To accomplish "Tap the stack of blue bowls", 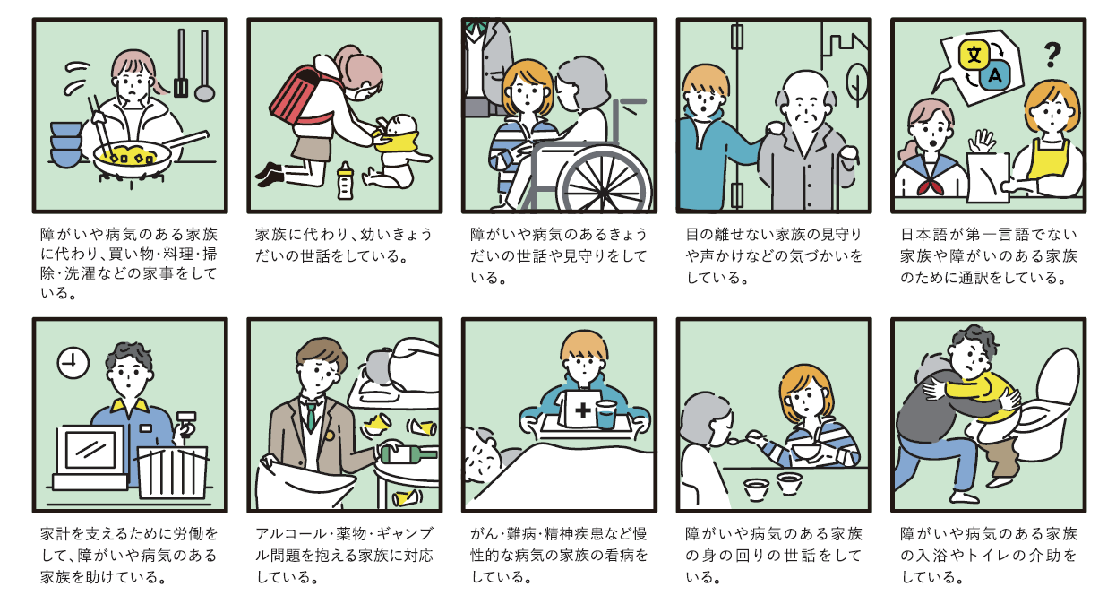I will [x=65, y=143].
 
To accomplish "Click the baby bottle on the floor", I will [x=344, y=179].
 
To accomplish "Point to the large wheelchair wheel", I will [x=599, y=178].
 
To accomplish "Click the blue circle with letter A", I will [x=992, y=78].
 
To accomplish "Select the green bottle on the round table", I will [x=408, y=453].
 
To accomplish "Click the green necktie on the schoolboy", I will [x=311, y=415].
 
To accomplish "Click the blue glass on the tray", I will [x=605, y=415].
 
